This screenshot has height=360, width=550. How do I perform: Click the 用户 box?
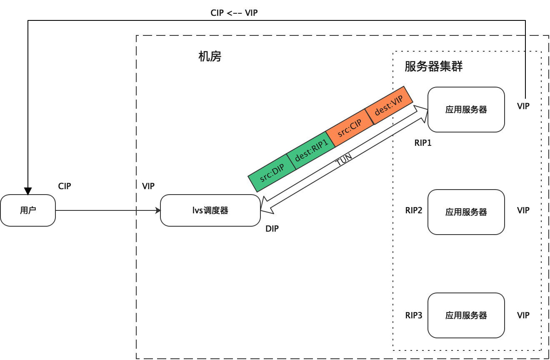pos(28,210)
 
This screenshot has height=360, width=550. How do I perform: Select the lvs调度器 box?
pos(210,210)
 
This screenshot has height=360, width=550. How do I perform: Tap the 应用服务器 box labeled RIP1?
pos(466,110)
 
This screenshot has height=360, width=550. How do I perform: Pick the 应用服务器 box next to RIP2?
pos(466,212)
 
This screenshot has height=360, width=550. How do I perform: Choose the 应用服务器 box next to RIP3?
pos(466,315)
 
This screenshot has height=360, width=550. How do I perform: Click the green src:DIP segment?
pos(272,173)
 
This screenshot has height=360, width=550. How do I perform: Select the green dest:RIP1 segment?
pos(311,150)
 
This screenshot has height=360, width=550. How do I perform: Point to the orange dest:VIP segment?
pos(389,105)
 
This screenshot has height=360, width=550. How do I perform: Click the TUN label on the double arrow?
pos(344,160)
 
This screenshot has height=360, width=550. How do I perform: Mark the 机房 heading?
pos(210,56)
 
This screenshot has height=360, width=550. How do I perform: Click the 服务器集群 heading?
pos(433,66)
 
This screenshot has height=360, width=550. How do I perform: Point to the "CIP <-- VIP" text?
pos(234,12)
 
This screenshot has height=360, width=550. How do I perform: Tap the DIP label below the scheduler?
pos(272,228)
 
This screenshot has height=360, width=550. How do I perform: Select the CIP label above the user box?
pos(65,186)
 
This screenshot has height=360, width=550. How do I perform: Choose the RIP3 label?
pos(414,315)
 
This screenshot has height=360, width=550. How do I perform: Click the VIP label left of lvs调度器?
pos(148,186)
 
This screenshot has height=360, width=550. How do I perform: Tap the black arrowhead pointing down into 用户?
pos(28,191)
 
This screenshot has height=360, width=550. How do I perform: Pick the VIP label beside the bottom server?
pos(523,315)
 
